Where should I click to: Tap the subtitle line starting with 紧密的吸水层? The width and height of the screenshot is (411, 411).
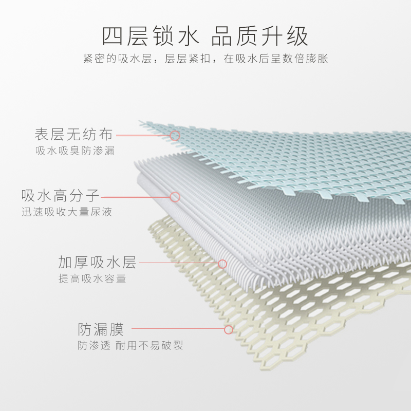(206, 59)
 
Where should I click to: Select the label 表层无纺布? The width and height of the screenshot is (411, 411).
(73, 135)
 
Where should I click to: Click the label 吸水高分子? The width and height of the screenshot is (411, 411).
(61, 196)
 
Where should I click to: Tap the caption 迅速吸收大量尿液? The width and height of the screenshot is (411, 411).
(67, 212)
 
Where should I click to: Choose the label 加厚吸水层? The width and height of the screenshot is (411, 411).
(97, 263)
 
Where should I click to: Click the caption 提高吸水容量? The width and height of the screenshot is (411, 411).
(92, 279)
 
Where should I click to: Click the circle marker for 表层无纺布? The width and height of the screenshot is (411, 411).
(175, 136)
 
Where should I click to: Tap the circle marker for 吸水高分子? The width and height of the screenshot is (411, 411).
(175, 197)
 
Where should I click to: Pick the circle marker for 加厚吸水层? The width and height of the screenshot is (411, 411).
(222, 264)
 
